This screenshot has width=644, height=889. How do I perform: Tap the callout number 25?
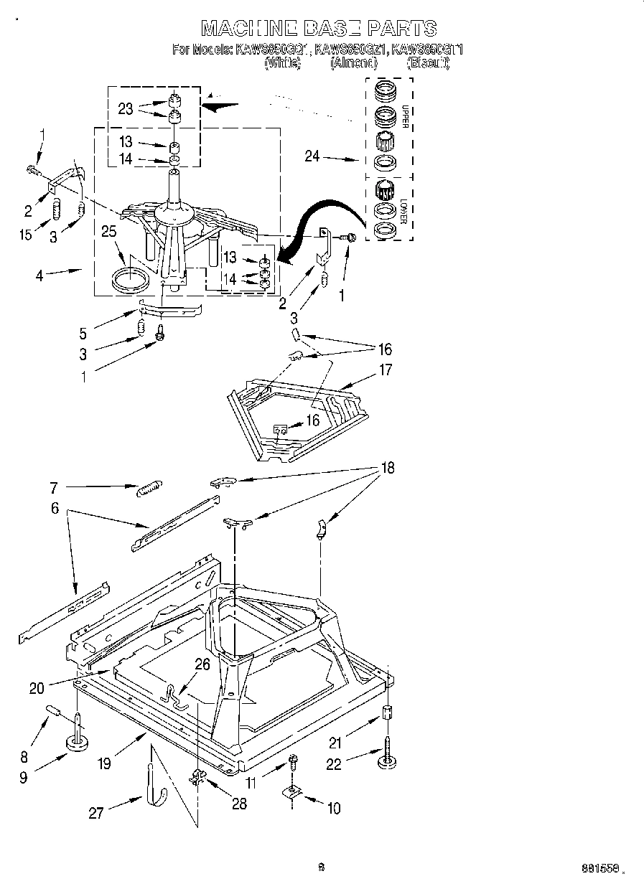pyautogui.click(x=108, y=232)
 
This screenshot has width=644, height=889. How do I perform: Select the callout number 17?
pyautogui.click(x=386, y=371)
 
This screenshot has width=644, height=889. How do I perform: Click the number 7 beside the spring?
pyautogui.click(x=53, y=487)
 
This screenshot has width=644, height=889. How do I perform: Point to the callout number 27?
pyautogui.click(x=96, y=812)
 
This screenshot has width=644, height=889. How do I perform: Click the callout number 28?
pyautogui.click(x=239, y=804)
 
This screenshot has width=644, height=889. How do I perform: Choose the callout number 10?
pyautogui.click(x=334, y=809)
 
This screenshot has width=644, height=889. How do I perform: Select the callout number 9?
pyautogui.click(x=24, y=776)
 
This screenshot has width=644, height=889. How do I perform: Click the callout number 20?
pyautogui.click(x=37, y=688)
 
